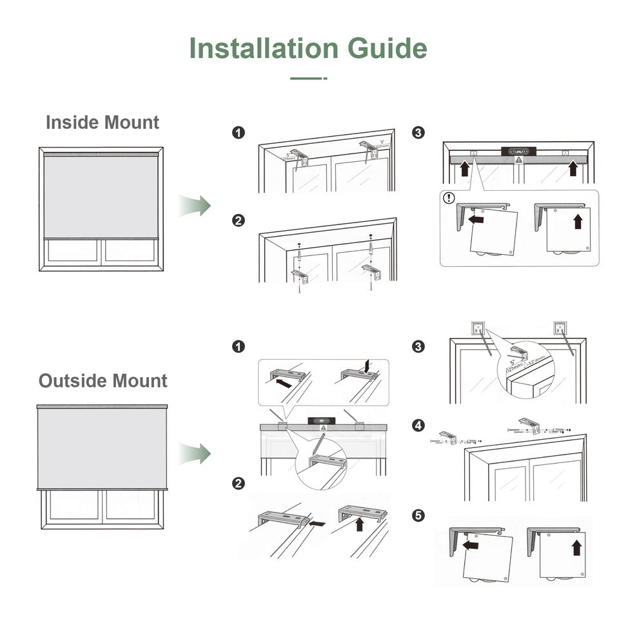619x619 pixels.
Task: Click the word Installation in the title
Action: pyautogui.click(x=263, y=48)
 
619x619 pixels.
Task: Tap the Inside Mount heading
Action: pyautogui.click(x=103, y=122)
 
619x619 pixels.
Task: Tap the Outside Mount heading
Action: pyautogui.click(x=103, y=380)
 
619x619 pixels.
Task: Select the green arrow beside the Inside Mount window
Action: pyautogui.click(x=195, y=205)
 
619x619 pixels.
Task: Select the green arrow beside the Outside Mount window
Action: pyautogui.click(x=195, y=453)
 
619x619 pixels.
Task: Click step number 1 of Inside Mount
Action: pyautogui.click(x=239, y=133)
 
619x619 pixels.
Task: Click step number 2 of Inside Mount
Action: pyautogui.click(x=239, y=221)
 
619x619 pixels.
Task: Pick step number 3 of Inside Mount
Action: pyautogui.click(x=418, y=133)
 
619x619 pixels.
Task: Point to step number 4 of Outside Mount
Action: pyautogui.click(x=418, y=426)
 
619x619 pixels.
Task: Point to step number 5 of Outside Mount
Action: pyautogui.click(x=418, y=515)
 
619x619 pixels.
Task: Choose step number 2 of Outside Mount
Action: pyautogui.click(x=239, y=483)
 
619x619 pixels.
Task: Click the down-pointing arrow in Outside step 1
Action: pyautogui.click(x=367, y=366)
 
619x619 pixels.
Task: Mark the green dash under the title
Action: pyautogui.click(x=308, y=79)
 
